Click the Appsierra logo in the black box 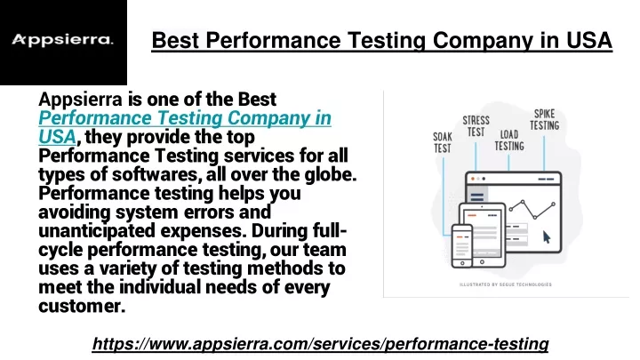point(62,40)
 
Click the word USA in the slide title point(589,40)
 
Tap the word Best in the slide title point(175,40)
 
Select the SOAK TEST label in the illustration point(443,142)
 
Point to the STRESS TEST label point(476,126)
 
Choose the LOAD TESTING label point(509,140)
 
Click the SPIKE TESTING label point(545,119)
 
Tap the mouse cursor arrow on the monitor point(547,236)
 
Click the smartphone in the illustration point(462,245)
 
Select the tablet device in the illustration point(483,235)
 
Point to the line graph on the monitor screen point(532,209)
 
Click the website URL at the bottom point(320,344)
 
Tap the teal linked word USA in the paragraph point(57,137)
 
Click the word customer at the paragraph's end point(82,306)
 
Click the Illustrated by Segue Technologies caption point(505,284)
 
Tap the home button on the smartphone point(462,263)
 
